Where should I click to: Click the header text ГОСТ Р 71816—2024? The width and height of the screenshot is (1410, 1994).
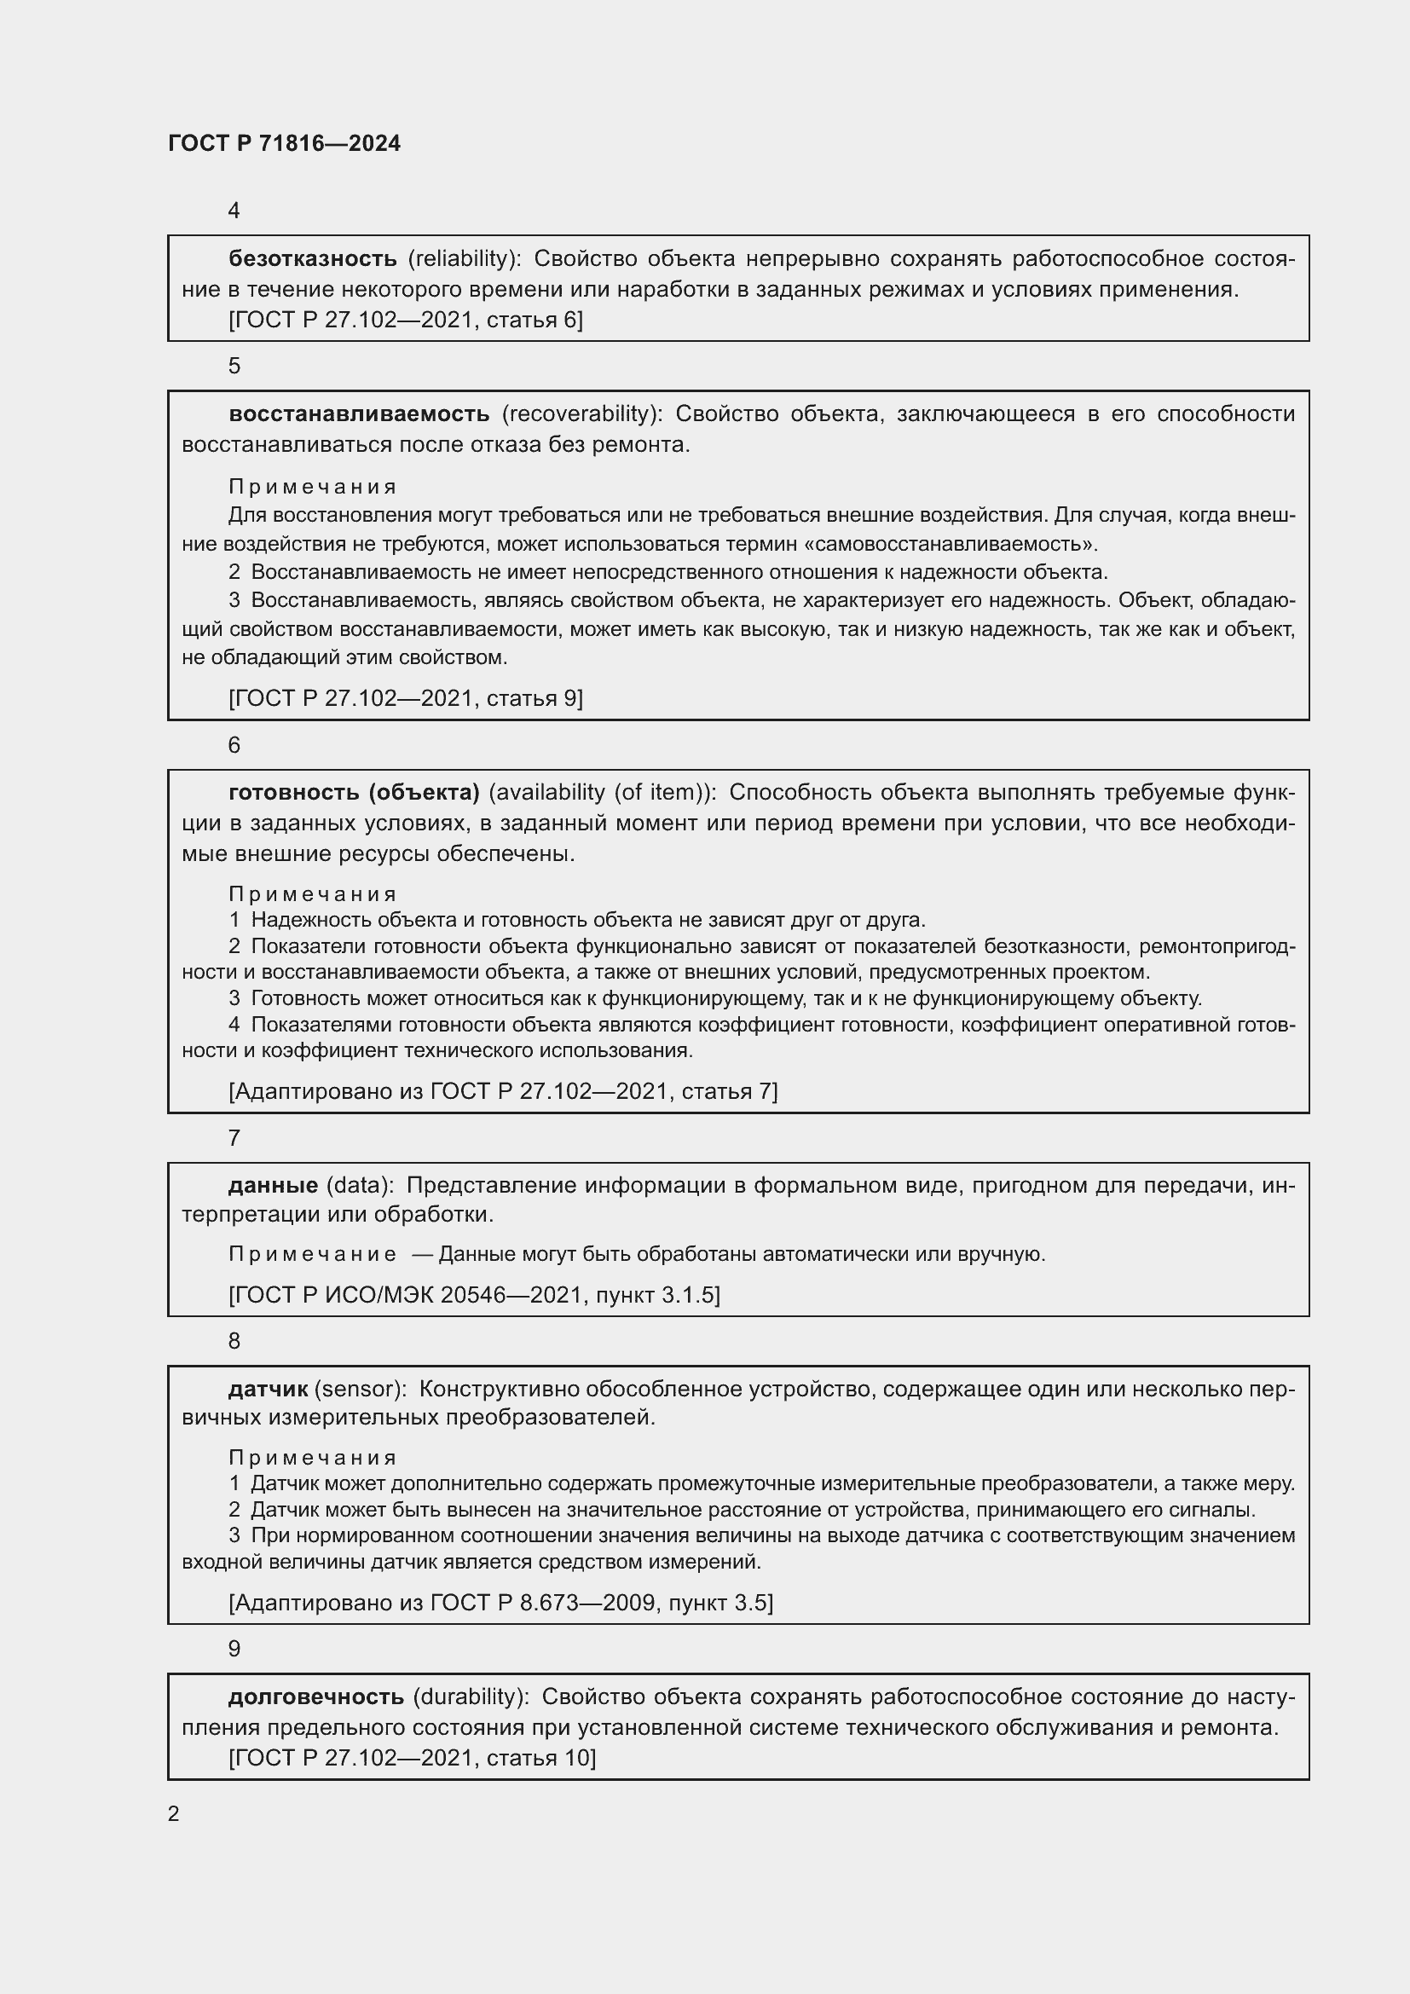pyautogui.click(x=284, y=144)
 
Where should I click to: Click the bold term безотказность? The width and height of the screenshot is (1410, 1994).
pyautogui.click(x=313, y=259)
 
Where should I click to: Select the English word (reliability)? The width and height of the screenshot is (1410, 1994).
pyautogui.click(x=465, y=259)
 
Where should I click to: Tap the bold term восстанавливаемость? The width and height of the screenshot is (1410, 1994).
pyautogui.click(x=359, y=414)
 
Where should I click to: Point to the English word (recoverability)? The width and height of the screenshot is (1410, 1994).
pyautogui.click(x=581, y=414)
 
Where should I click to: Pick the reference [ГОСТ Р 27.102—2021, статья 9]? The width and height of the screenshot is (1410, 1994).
pyautogui.click(x=406, y=698)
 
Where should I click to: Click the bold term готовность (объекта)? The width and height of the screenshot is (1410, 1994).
pyautogui.click(x=355, y=792)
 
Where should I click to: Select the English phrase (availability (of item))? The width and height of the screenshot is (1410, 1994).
pyautogui.click(x=604, y=792)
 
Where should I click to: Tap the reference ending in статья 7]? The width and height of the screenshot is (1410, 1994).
pyautogui.click(x=503, y=1092)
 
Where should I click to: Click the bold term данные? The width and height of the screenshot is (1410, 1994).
pyautogui.click(x=274, y=1186)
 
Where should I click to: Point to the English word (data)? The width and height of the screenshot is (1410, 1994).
pyautogui.click(x=361, y=1186)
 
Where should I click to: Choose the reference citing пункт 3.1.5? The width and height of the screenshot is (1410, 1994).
pyautogui.click(x=474, y=1296)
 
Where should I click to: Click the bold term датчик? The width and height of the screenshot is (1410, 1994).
pyautogui.click(x=269, y=1390)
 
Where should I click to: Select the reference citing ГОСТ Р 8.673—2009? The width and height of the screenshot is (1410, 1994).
pyautogui.click(x=501, y=1603)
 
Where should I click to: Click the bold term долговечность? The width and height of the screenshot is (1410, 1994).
pyautogui.click(x=316, y=1697)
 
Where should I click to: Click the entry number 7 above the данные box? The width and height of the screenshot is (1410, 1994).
pyautogui.click(x=234, y=1139)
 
